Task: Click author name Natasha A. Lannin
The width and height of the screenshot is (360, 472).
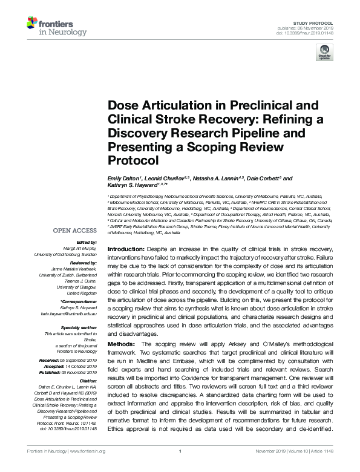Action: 217,179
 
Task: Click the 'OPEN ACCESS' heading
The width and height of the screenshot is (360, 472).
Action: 76,231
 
